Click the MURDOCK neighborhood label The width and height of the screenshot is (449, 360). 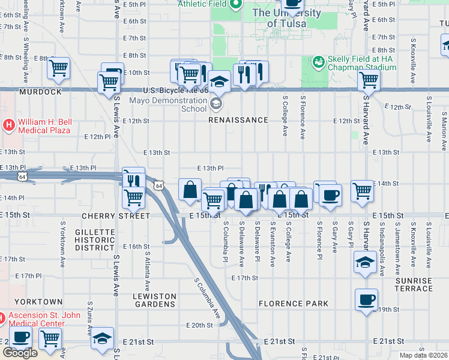pyautogui.click(x=40, y=92)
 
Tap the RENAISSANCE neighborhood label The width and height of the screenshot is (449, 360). pyautogui.click(x=238, y=120)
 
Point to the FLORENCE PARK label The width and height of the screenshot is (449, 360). pyautogui.click(x=294, y=304)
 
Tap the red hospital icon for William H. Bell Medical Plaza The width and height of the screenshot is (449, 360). pyautogui.click(x=9, y=125)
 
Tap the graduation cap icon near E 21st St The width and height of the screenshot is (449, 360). pyautogui.click(x=103, y=338)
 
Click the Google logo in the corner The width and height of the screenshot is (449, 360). pyautogui.click(x=20, y=353)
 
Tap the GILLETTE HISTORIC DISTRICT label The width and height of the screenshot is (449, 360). pyautogui.click(x=94, y=240)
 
